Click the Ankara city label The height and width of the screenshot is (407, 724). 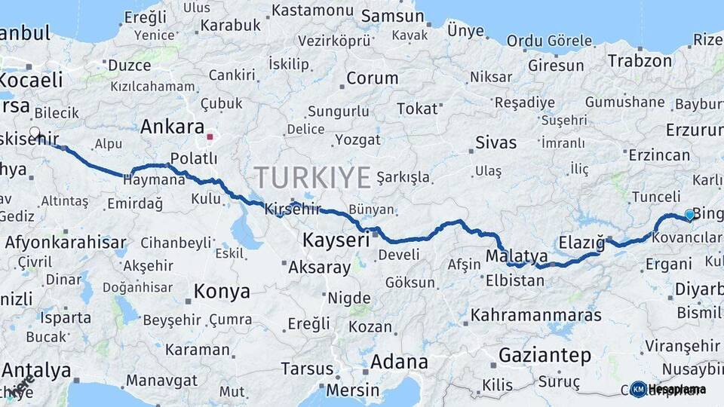[x=172, y=126]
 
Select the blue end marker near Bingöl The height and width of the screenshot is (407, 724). [x=689, y=215]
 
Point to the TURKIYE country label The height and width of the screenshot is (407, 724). [x=312, y=178]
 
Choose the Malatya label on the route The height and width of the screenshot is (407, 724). [x=517, y=256]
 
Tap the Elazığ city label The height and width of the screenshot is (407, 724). [x=582, y=243]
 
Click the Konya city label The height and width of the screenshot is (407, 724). [x=222, y=291]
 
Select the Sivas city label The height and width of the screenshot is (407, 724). [x=496, y=142]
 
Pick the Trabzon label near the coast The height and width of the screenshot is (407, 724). [x=634, y=60]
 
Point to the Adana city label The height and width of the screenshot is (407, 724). [x=399, y=362]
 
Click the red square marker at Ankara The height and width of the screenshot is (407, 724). [x=210, y=137]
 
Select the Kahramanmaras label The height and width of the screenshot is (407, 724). [x=535, y=314]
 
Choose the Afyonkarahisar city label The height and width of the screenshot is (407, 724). [x=66, y=243]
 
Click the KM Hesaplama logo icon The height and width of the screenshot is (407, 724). [x=639, y=389]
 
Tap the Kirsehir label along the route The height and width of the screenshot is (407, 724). [x=293, y=210]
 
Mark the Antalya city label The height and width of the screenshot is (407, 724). [x=36, y=370]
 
